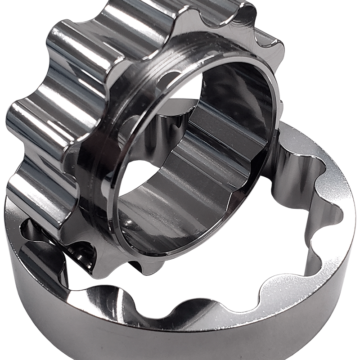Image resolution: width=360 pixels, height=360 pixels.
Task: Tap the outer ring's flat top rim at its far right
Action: (x=344, y=198)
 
